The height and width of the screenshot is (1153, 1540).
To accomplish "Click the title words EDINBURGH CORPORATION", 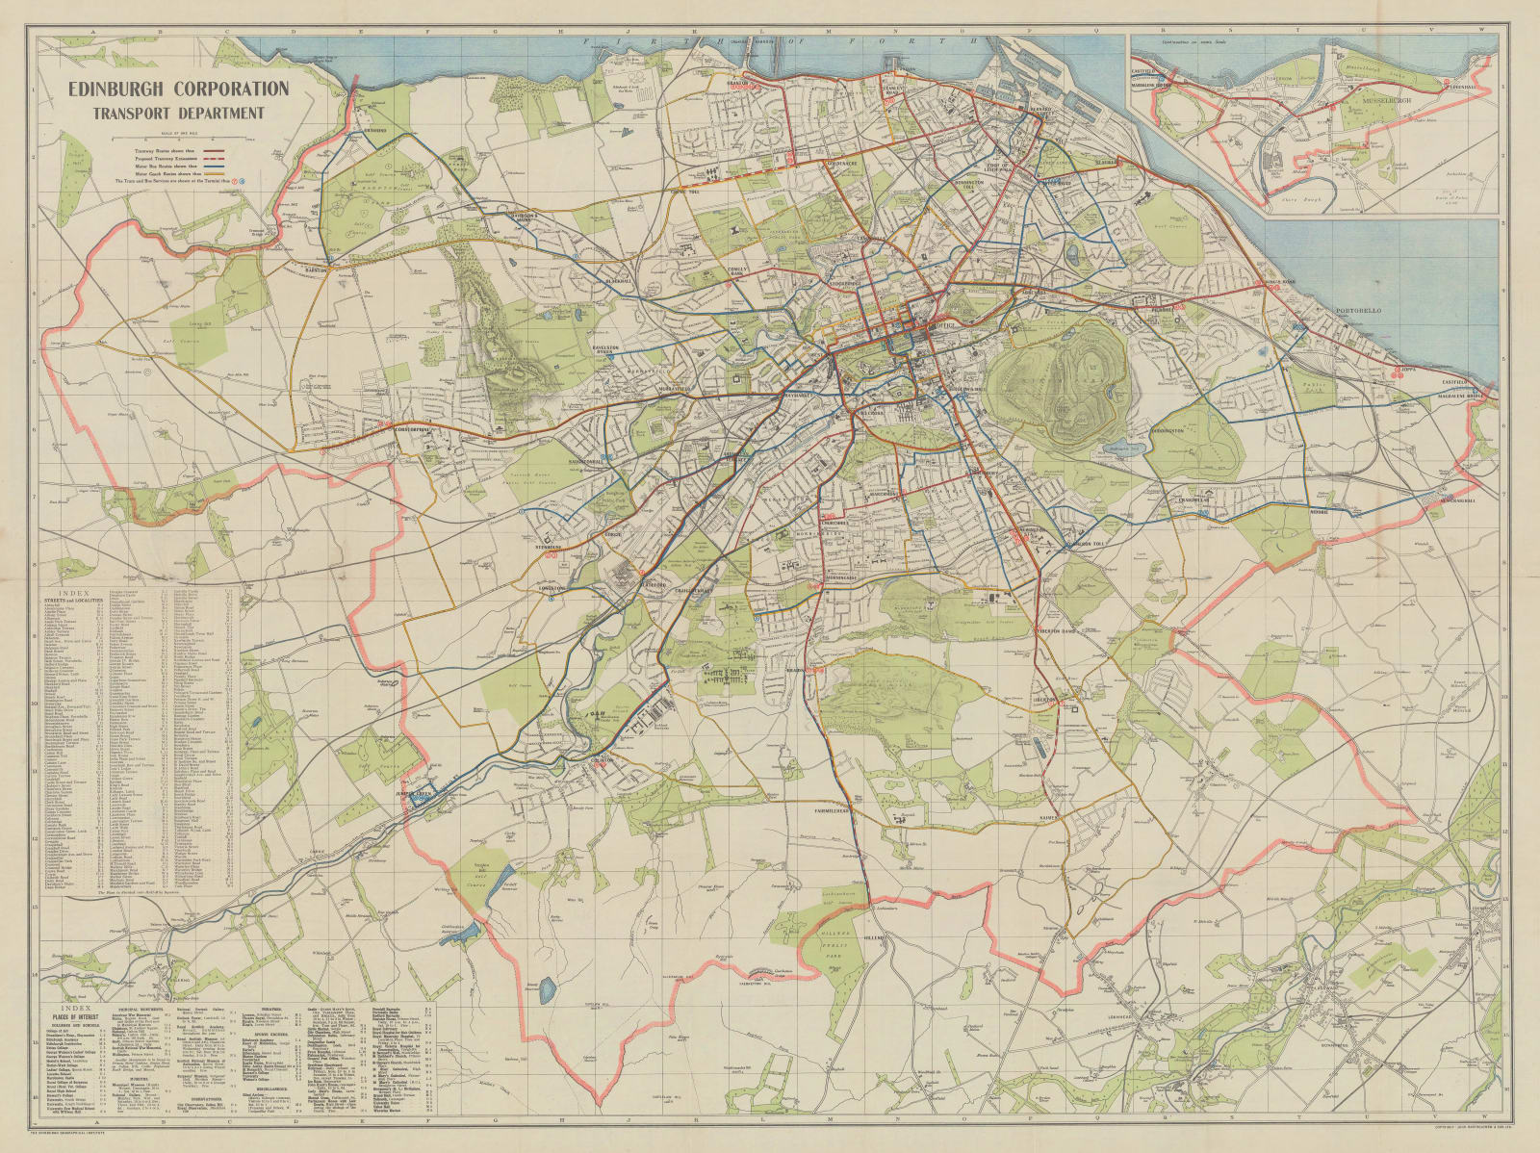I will (x=177, y=90).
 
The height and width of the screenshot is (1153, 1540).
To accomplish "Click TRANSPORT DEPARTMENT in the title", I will (x=177, y=113).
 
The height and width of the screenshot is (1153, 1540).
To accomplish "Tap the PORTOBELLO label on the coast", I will (x=1358, y=311).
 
